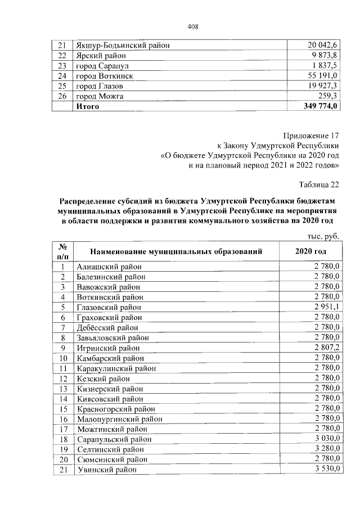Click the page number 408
(x=193, y=26)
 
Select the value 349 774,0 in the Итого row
(x=320, y=106)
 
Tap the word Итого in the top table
(x=88, y=106)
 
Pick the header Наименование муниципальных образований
(x=175, y=251)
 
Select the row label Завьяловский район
(x=113, y=337)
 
